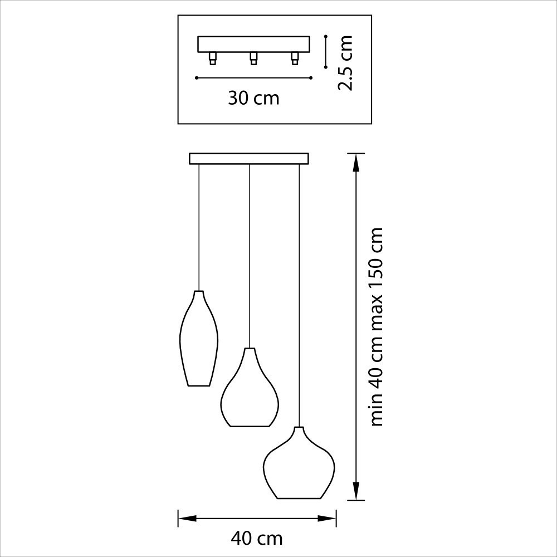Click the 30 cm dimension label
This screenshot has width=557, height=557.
point(253,98)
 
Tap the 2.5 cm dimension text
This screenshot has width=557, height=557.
point(345,63)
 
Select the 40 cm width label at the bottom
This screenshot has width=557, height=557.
point(256,539)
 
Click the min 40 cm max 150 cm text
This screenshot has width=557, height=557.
point(377,327)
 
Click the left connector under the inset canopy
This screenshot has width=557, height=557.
point(212,58)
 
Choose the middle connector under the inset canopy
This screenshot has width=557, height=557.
point(253,58)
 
